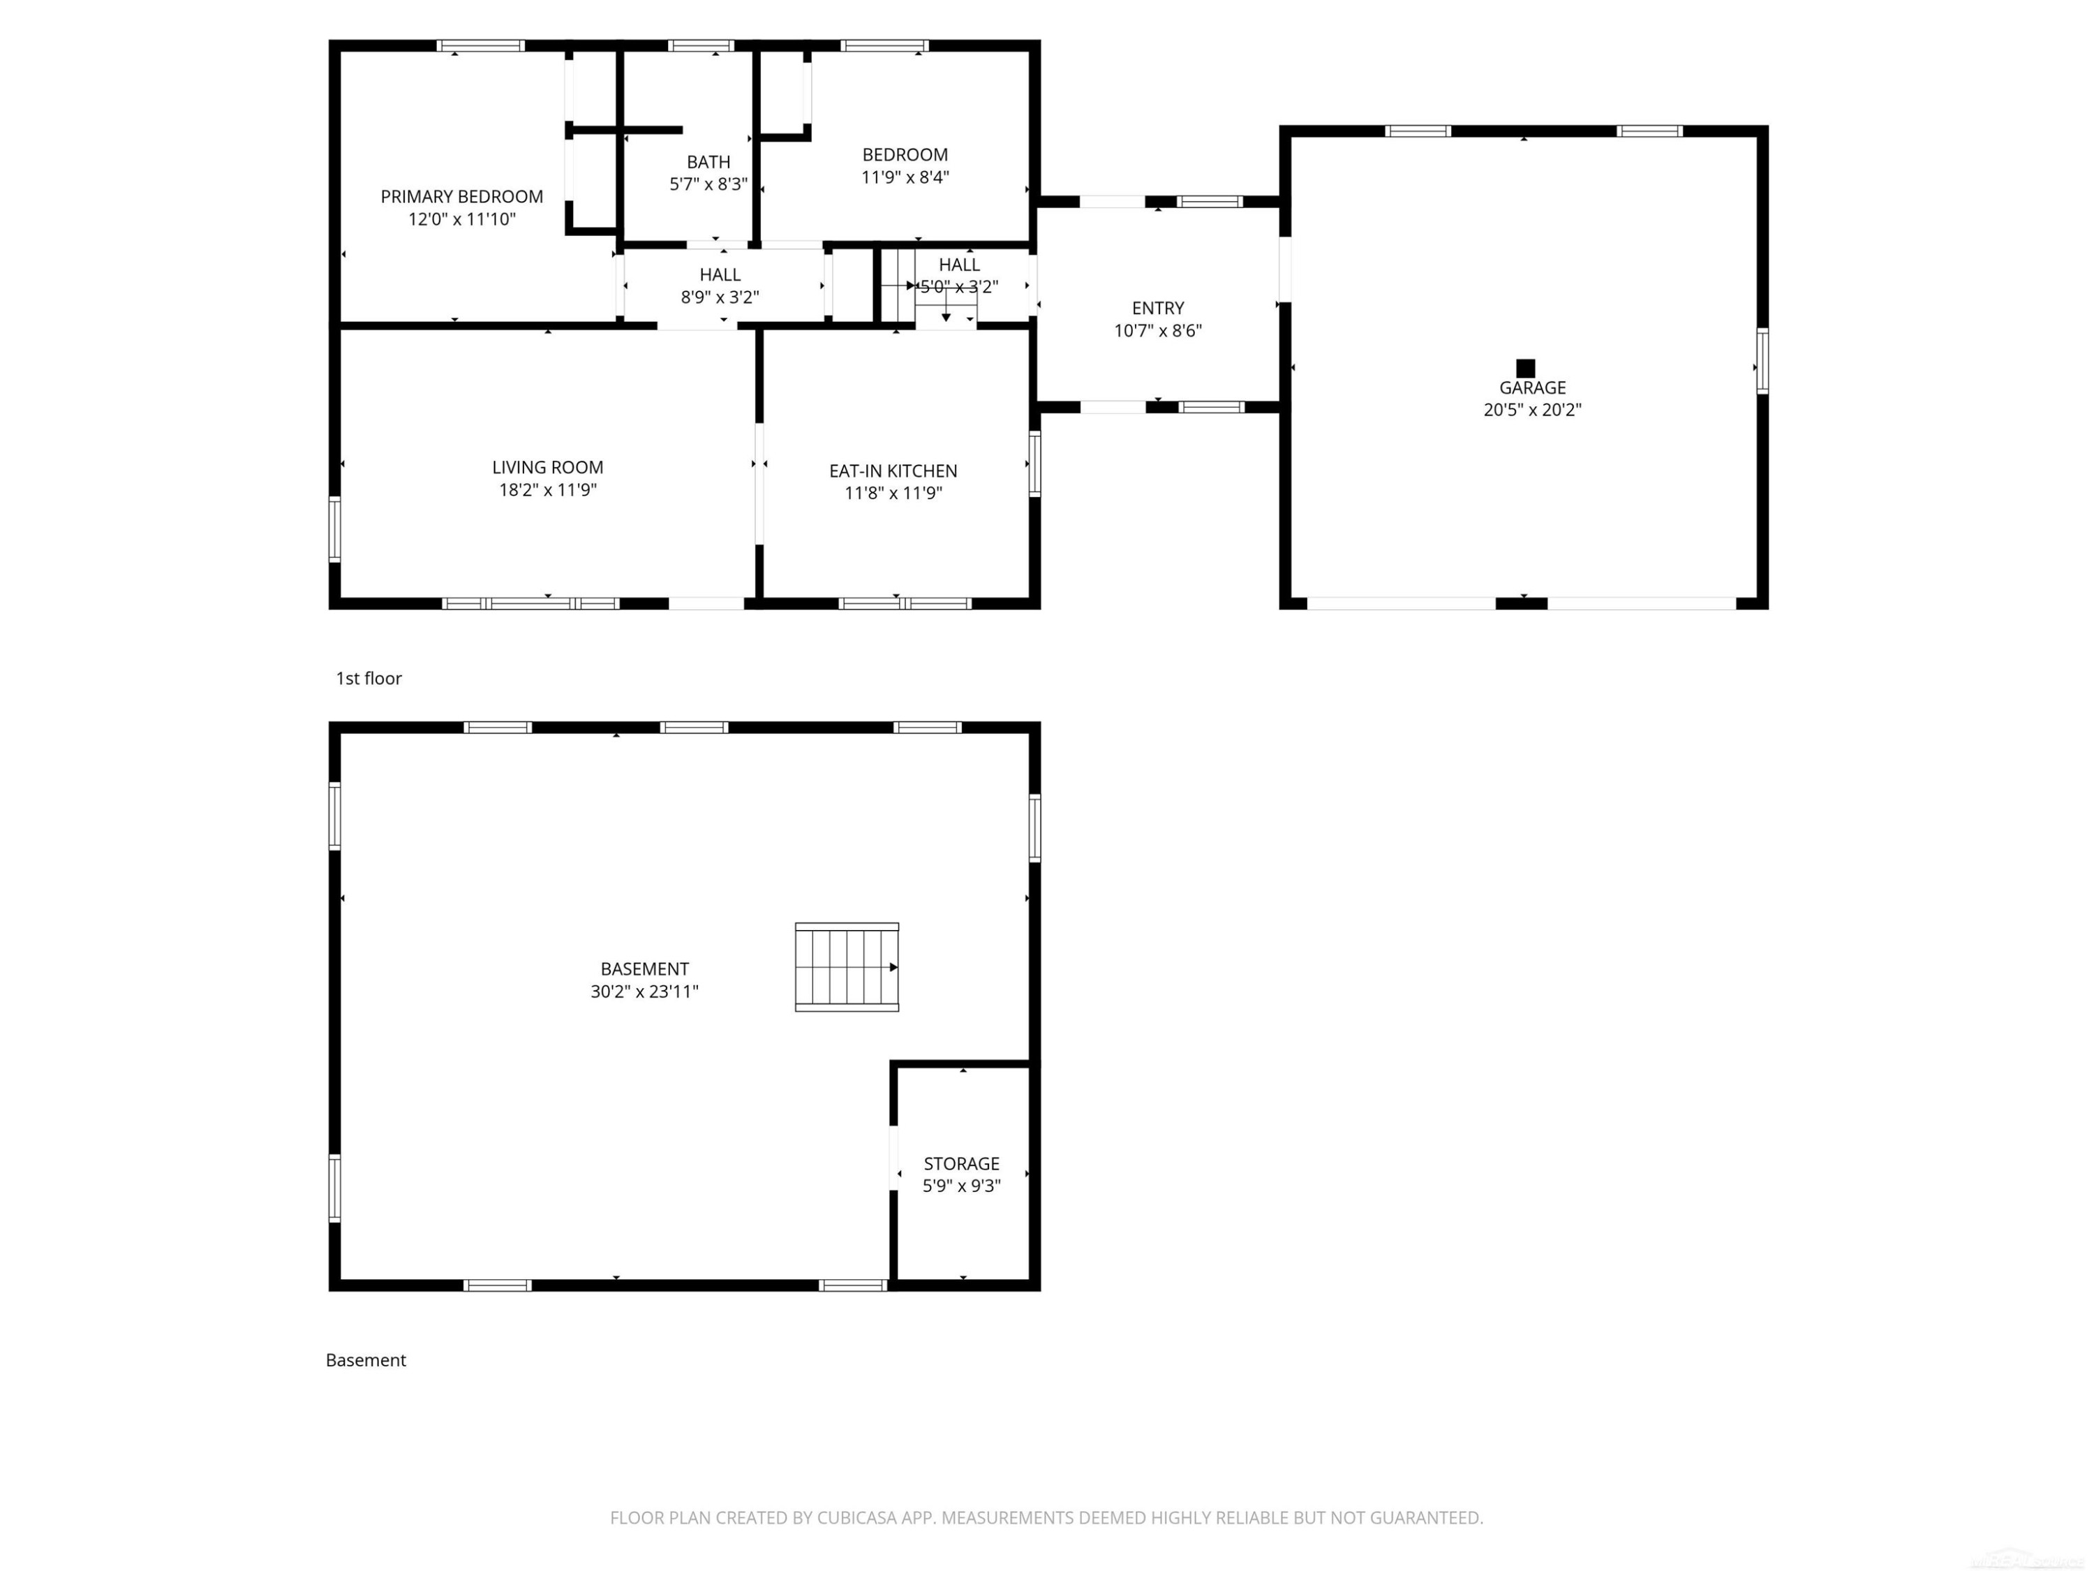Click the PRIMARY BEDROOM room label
(462, 197)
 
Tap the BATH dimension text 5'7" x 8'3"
(708, 184)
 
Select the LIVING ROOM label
(547, 468)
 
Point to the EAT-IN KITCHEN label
(893, 471)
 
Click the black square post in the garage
(1525, 369)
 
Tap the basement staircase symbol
(846, 967)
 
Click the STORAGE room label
(962, 1164)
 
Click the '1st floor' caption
(369, 678)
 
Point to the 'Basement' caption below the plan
(366, 1360)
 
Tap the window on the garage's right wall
(1762, 361)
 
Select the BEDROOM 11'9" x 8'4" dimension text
(905, 177)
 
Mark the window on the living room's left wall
(334, 529)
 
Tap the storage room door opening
(893, 1157)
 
